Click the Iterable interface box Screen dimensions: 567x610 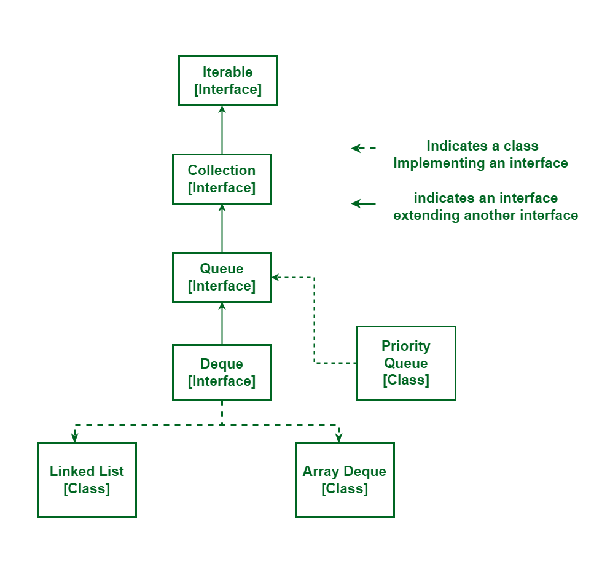click(x=228, y=80)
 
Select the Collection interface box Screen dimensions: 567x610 click(x=222, y=179)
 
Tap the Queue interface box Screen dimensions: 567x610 click(x=222, y=277)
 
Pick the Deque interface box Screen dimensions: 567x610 click(x=222, y=372)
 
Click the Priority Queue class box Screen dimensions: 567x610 click(x=406, y=363)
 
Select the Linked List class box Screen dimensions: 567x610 click(x=87, y=480)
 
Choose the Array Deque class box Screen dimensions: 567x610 click(x=345, y=480)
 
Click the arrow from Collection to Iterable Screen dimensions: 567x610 click(x=222, y=130)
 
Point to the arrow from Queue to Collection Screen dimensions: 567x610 click(x=222, y=228)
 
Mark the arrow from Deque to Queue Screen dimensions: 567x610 click(x=222, y=323)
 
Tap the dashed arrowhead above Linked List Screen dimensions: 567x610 click(x=74, y=437)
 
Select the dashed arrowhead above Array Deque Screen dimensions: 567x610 click(x=338, y=437)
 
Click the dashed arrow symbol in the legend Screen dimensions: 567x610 click(x=362, y=148)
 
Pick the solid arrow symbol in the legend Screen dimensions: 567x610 click(x=363, y=203)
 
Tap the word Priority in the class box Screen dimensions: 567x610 click(x=406, y=346)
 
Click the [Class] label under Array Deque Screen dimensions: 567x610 click(x=345, y=489)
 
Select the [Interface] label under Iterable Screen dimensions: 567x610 click(x=228, y=90)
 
